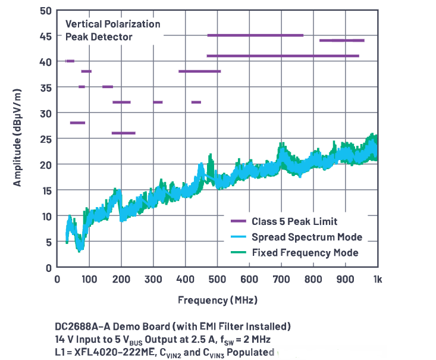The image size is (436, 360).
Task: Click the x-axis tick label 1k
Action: point(377,279)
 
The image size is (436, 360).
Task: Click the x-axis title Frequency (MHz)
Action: point(217,299)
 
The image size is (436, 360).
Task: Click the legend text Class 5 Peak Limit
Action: point(290,221)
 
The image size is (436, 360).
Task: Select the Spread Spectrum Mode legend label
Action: point(306,237)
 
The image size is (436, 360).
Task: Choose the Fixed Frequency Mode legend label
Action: point(305,252)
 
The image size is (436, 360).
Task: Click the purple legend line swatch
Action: point(239,221)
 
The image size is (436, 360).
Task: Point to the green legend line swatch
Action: point(239,252)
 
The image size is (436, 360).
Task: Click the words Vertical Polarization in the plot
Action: point(112,24)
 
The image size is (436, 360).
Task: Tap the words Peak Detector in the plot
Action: point(99,37)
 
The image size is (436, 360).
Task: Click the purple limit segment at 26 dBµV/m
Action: point(123,133)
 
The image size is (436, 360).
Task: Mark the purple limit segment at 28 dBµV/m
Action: point(77,123)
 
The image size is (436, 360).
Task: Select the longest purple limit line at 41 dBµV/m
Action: point(283,56)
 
